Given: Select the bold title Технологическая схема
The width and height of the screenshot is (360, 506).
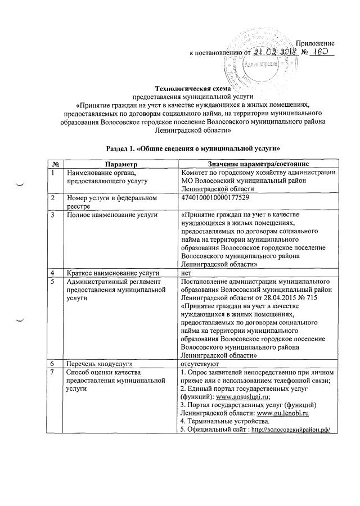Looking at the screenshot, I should coord(180,88).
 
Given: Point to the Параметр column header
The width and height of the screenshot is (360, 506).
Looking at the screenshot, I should coord(121,163).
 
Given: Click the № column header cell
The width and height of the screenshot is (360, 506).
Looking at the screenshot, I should coord(57,163).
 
